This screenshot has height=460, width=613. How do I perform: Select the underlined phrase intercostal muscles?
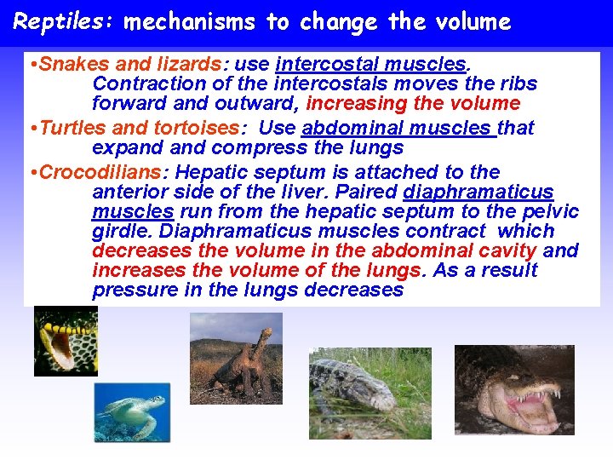pos(370,64)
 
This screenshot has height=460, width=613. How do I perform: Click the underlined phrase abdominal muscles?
pos(397,128)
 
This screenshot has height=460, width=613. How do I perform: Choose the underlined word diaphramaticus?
pos(478,193)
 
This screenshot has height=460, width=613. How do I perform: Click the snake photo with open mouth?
pos(65,341)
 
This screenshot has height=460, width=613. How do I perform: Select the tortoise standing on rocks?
pos(235,358)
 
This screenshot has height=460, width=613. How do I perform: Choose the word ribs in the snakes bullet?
pos(519,83)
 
